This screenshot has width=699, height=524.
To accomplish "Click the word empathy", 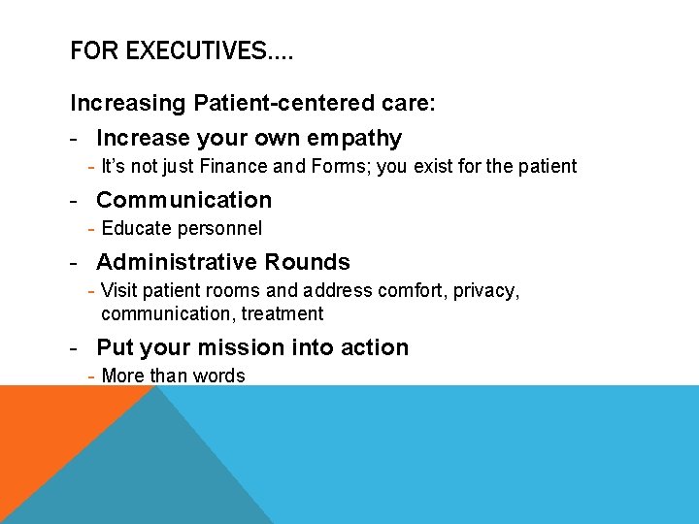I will (353, 138).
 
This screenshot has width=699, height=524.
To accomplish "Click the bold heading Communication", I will (183, 200).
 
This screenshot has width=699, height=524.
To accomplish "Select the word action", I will (374, 347).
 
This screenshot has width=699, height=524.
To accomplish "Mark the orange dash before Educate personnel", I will (90, 228).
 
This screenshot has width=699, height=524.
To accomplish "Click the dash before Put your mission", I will (75, 347).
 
